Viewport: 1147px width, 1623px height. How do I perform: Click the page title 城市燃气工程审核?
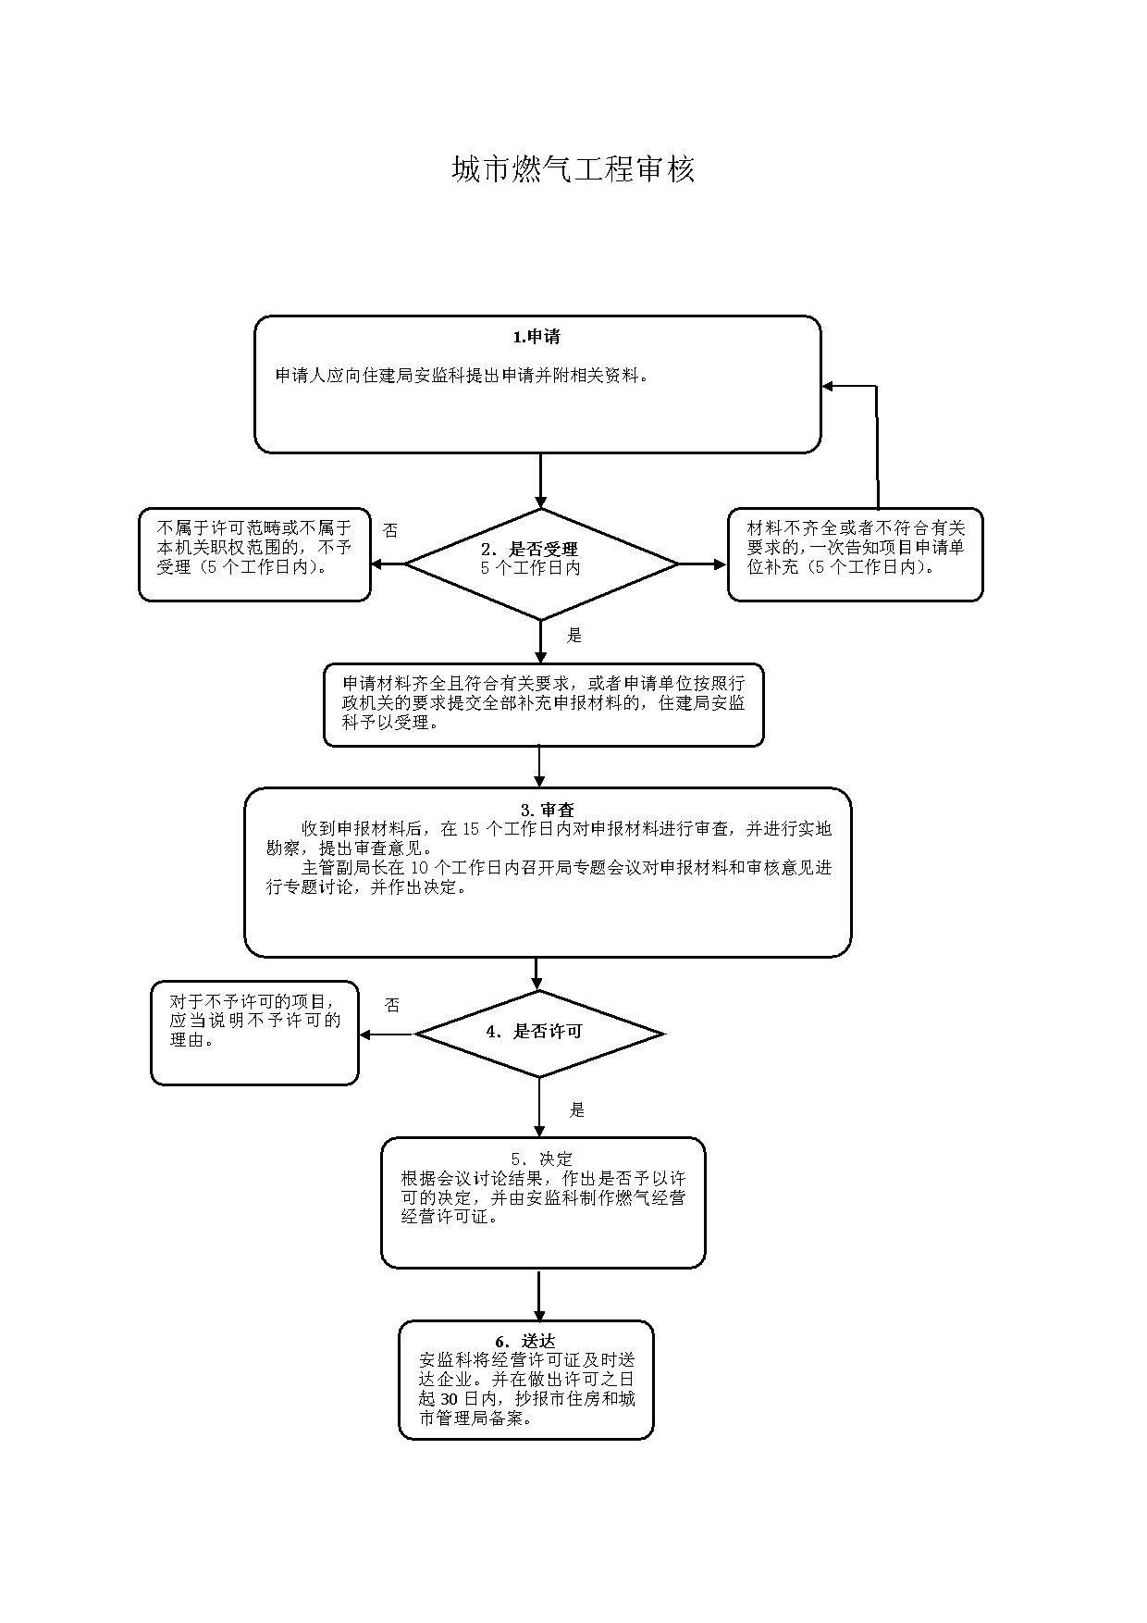click(573, 169)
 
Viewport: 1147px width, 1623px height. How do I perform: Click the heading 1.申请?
click(536, 337)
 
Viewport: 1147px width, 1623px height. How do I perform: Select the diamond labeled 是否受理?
click(541, 564)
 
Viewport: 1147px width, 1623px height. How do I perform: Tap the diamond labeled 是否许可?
click(539, 1034)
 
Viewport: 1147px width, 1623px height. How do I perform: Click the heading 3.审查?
click(548, 810)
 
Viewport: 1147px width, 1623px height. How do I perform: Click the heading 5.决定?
click(542, 1158)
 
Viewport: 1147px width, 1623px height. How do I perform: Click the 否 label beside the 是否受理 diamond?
click(390, 530)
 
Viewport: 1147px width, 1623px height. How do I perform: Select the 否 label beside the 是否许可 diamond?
click(392, 1005)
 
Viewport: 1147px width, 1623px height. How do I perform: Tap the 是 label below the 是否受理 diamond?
click(574, 635)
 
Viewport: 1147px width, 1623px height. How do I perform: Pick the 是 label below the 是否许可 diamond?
click(577, 1109)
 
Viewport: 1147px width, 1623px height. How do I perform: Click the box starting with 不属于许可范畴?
click(254, 554)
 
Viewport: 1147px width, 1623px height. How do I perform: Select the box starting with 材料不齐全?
click(856, 554)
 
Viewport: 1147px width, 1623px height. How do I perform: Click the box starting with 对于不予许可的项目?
click(254, 1033)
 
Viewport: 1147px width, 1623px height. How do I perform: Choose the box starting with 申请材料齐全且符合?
click(544, 704)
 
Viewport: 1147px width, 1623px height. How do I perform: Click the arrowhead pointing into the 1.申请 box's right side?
click(829, 386)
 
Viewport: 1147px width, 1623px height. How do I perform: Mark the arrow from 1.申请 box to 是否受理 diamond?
click(541, 481)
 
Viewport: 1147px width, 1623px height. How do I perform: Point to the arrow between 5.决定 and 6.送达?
click(539, 1295)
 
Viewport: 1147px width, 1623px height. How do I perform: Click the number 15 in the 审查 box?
click(470, 829)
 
